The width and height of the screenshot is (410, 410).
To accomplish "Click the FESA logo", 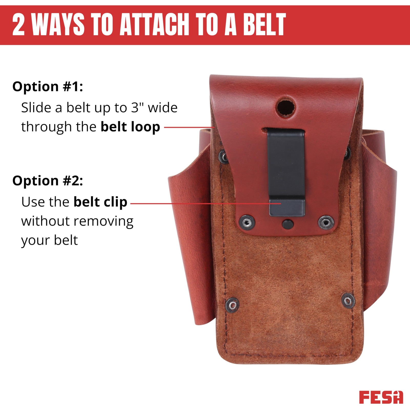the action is [381, 397].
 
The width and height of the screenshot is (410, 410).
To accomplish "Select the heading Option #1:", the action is [48, 86].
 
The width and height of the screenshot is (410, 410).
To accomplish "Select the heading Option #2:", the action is [48, 181].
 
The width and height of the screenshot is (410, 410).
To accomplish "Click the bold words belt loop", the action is [130, 127].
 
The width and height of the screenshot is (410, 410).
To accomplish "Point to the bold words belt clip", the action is [100, 202].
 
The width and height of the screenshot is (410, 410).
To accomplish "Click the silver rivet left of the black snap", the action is [247, 223].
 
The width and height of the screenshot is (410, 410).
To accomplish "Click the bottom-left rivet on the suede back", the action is [233, 305].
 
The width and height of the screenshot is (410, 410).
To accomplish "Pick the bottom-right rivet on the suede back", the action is [348, 300].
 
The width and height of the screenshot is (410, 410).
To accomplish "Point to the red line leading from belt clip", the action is [206, 204].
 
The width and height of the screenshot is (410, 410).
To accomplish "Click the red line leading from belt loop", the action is [189, 127].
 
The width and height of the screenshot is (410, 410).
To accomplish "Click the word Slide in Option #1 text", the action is [36, 107].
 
